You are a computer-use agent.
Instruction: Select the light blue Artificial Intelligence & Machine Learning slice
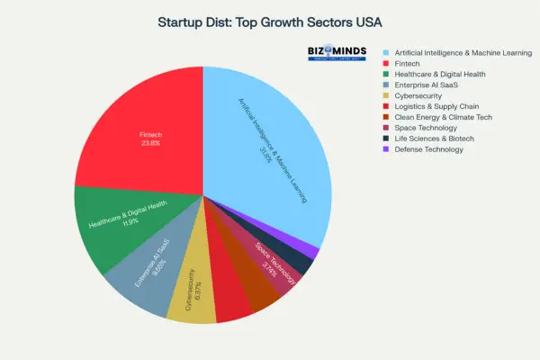[270, 153]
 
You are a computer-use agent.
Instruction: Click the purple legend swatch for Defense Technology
[386, 149]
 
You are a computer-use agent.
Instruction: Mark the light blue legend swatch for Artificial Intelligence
[386, 52]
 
